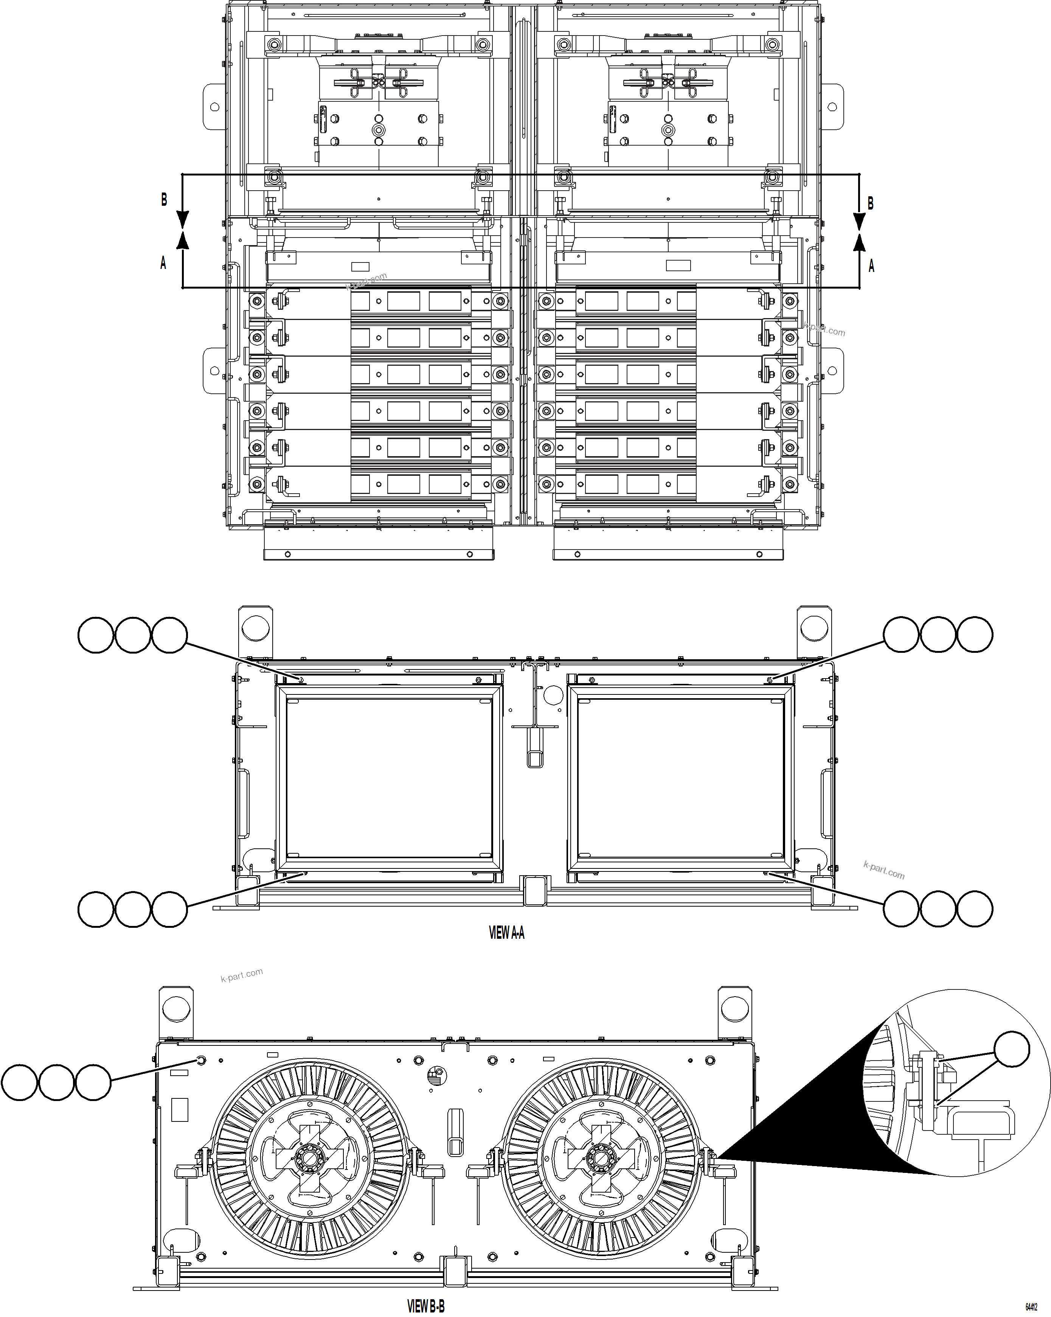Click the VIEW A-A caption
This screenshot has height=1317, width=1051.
[506, 933]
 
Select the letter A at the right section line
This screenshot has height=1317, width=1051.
[871, 266]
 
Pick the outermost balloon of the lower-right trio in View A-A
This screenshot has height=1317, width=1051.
[975, 909]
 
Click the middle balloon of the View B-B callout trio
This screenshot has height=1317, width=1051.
[56, 1082]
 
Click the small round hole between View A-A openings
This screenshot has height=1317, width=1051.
[552, 693]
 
